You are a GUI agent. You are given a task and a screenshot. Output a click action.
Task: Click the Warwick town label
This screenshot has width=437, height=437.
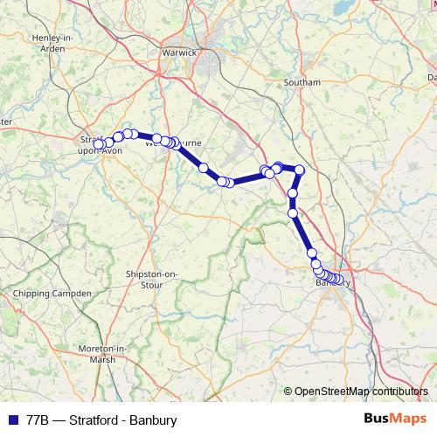179,52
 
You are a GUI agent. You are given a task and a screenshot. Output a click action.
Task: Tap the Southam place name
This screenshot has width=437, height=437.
302,82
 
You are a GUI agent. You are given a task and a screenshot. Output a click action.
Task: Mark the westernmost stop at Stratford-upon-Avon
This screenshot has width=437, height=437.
99,144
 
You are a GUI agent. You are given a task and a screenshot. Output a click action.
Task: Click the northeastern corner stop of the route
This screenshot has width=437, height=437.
300,170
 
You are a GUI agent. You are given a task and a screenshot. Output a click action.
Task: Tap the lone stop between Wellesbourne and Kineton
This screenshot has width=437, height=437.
204,167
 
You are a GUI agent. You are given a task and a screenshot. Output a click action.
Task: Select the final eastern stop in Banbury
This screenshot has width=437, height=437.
339,281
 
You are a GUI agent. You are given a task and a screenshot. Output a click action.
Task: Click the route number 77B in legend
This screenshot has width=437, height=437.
37,420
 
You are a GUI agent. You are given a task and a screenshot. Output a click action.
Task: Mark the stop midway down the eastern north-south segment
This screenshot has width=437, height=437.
294,193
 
